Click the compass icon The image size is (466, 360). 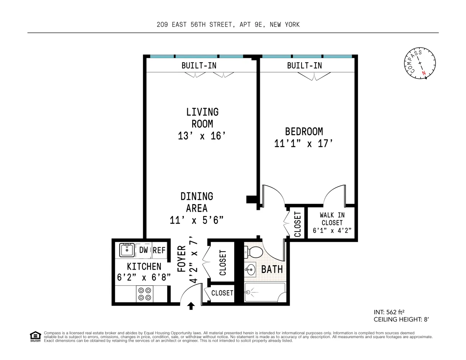(x=420, y=63)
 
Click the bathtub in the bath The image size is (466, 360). (x=265, y=292)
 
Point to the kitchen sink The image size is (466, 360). (x=127, y=250)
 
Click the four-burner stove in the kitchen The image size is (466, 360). (x=145, y=294)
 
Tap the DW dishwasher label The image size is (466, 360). (x=144, y=250)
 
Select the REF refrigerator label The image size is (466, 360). (x=159, y=250)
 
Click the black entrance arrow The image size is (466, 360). (x=191, y=306)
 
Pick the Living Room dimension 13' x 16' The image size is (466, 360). (x=202, y=136)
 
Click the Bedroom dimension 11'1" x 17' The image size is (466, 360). (x=303, y=144)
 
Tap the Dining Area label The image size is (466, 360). (x=197, y=202)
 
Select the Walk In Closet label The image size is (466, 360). (x=332, y=219)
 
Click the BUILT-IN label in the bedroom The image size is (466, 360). (x=304, y=66)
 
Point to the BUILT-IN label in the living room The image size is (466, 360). (x=199, y=66)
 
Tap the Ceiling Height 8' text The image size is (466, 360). (x=401, y=319)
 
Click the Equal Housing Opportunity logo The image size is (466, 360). (x=35, y=336)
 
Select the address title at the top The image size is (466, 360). (x=228, y=24)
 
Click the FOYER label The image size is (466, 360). (x=182, y=258)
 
